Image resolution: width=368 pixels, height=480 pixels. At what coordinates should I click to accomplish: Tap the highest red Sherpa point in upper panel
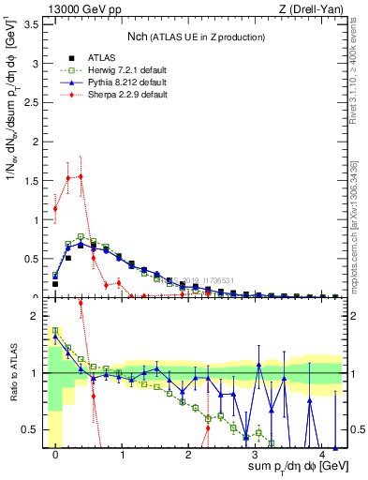[81, 176]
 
